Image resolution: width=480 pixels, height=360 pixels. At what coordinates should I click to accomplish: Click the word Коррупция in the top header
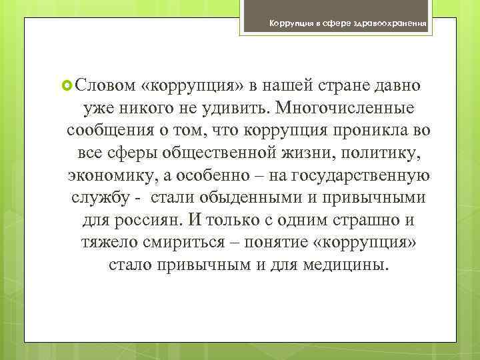(x=289, y=24)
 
